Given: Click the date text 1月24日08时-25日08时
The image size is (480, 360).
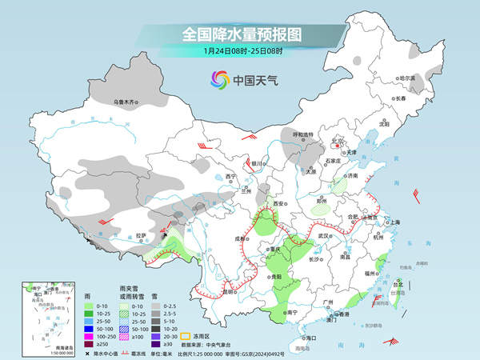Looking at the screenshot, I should pos(240,52).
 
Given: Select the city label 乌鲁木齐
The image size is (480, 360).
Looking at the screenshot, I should pos(126,102).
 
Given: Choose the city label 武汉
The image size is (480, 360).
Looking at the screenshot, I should pos(323,234).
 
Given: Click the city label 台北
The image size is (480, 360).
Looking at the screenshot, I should pos(398,282).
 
